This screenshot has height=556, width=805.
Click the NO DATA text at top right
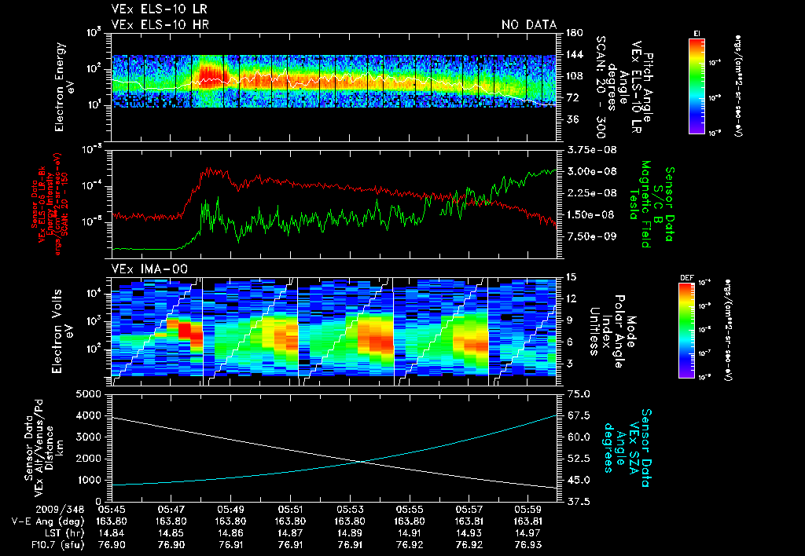[x=528, y=24]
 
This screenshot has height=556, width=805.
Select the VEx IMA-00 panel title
[x=150, y=269]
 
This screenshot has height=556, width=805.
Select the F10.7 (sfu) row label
[x=31, y=544]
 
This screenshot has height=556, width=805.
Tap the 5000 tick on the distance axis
[x=92, y=393]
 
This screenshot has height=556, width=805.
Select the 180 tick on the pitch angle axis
[x=573, y=33]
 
